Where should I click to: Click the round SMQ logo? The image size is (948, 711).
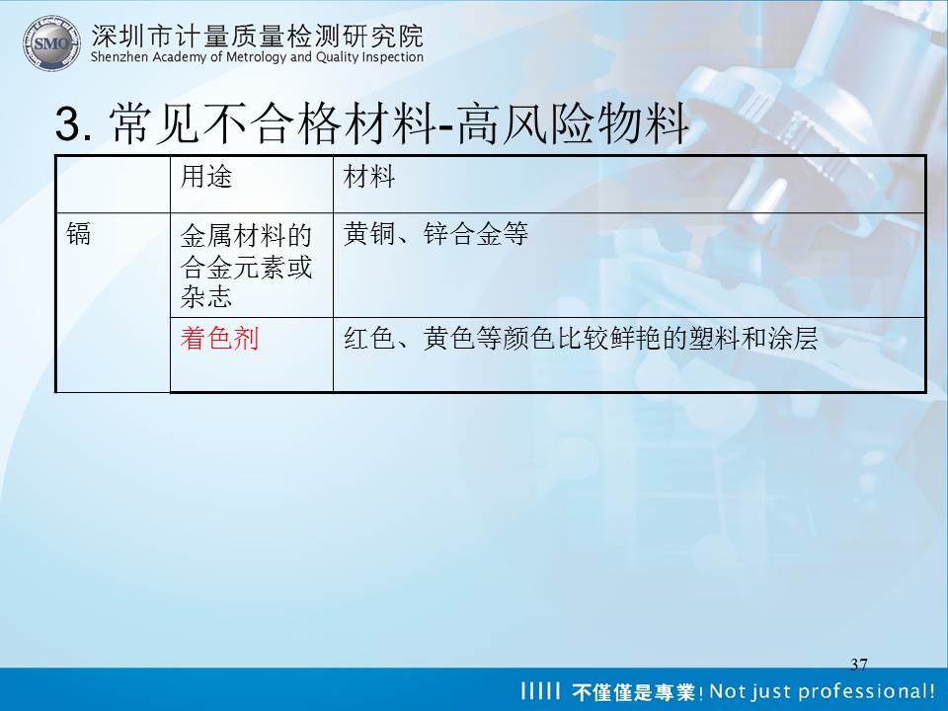51,42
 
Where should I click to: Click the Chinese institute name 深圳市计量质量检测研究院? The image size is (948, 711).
258,37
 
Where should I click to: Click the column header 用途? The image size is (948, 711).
206,177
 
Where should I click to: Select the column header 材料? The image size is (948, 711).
368,177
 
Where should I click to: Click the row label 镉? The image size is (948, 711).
79,233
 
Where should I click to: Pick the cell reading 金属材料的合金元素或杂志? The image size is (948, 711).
246,266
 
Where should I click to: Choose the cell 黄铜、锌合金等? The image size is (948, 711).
435,233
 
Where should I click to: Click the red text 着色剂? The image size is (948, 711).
219,338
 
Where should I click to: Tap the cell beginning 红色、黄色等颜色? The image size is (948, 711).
581,338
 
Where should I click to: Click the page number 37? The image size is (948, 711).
858,665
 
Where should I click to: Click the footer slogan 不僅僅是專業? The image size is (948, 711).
633,691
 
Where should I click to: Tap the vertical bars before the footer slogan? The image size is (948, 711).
540,690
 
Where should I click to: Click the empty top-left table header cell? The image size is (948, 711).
113,184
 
